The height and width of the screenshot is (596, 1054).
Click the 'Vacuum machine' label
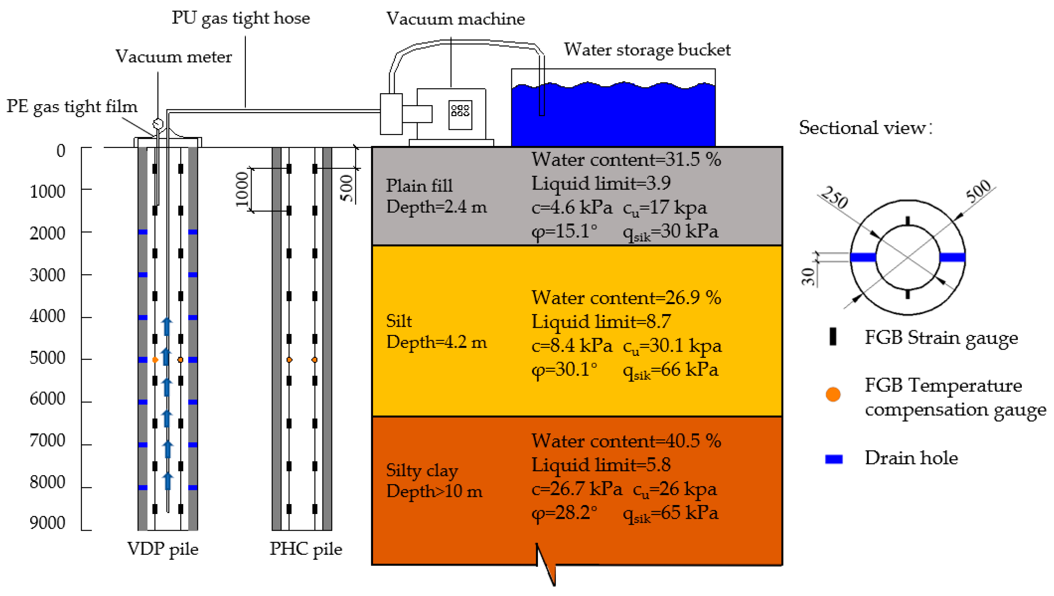pyautogui.click(x=455, y=19)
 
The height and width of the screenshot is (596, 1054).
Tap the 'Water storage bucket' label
pyautogui.click(x=647, y=50)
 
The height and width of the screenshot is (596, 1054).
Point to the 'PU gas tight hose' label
pyautogui.click(x=241, y=18)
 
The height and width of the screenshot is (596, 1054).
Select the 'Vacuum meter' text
pyautogui.click(x=174, y=57)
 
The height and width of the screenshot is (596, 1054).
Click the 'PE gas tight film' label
pyautogui.click(x=72, y=106)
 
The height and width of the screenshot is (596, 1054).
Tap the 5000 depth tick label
pyautogui.click(x=48, y=358)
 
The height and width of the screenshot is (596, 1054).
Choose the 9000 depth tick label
pyautogui.click(x=48, y=523)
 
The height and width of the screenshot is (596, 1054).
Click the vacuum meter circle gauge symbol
pyautogui.click(x=158, y=123)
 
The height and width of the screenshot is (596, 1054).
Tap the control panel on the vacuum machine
pyautogui.click(x=460, y=115)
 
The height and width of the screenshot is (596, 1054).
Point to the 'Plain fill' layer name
pyautogui.click(x=419, y=185)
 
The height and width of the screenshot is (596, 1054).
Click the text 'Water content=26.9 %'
pyautogui.click(x=626, y=298)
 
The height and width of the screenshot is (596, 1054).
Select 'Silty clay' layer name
pyautogui.click(x=422, y=471)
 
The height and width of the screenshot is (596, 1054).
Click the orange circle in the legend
pyautogui.click(x=833, y=394)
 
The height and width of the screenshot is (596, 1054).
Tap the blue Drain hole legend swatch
pyautogui.click(x=834, y=459)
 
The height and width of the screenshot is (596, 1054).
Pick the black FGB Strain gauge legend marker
pyautogui.click(x=833, y=337)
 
